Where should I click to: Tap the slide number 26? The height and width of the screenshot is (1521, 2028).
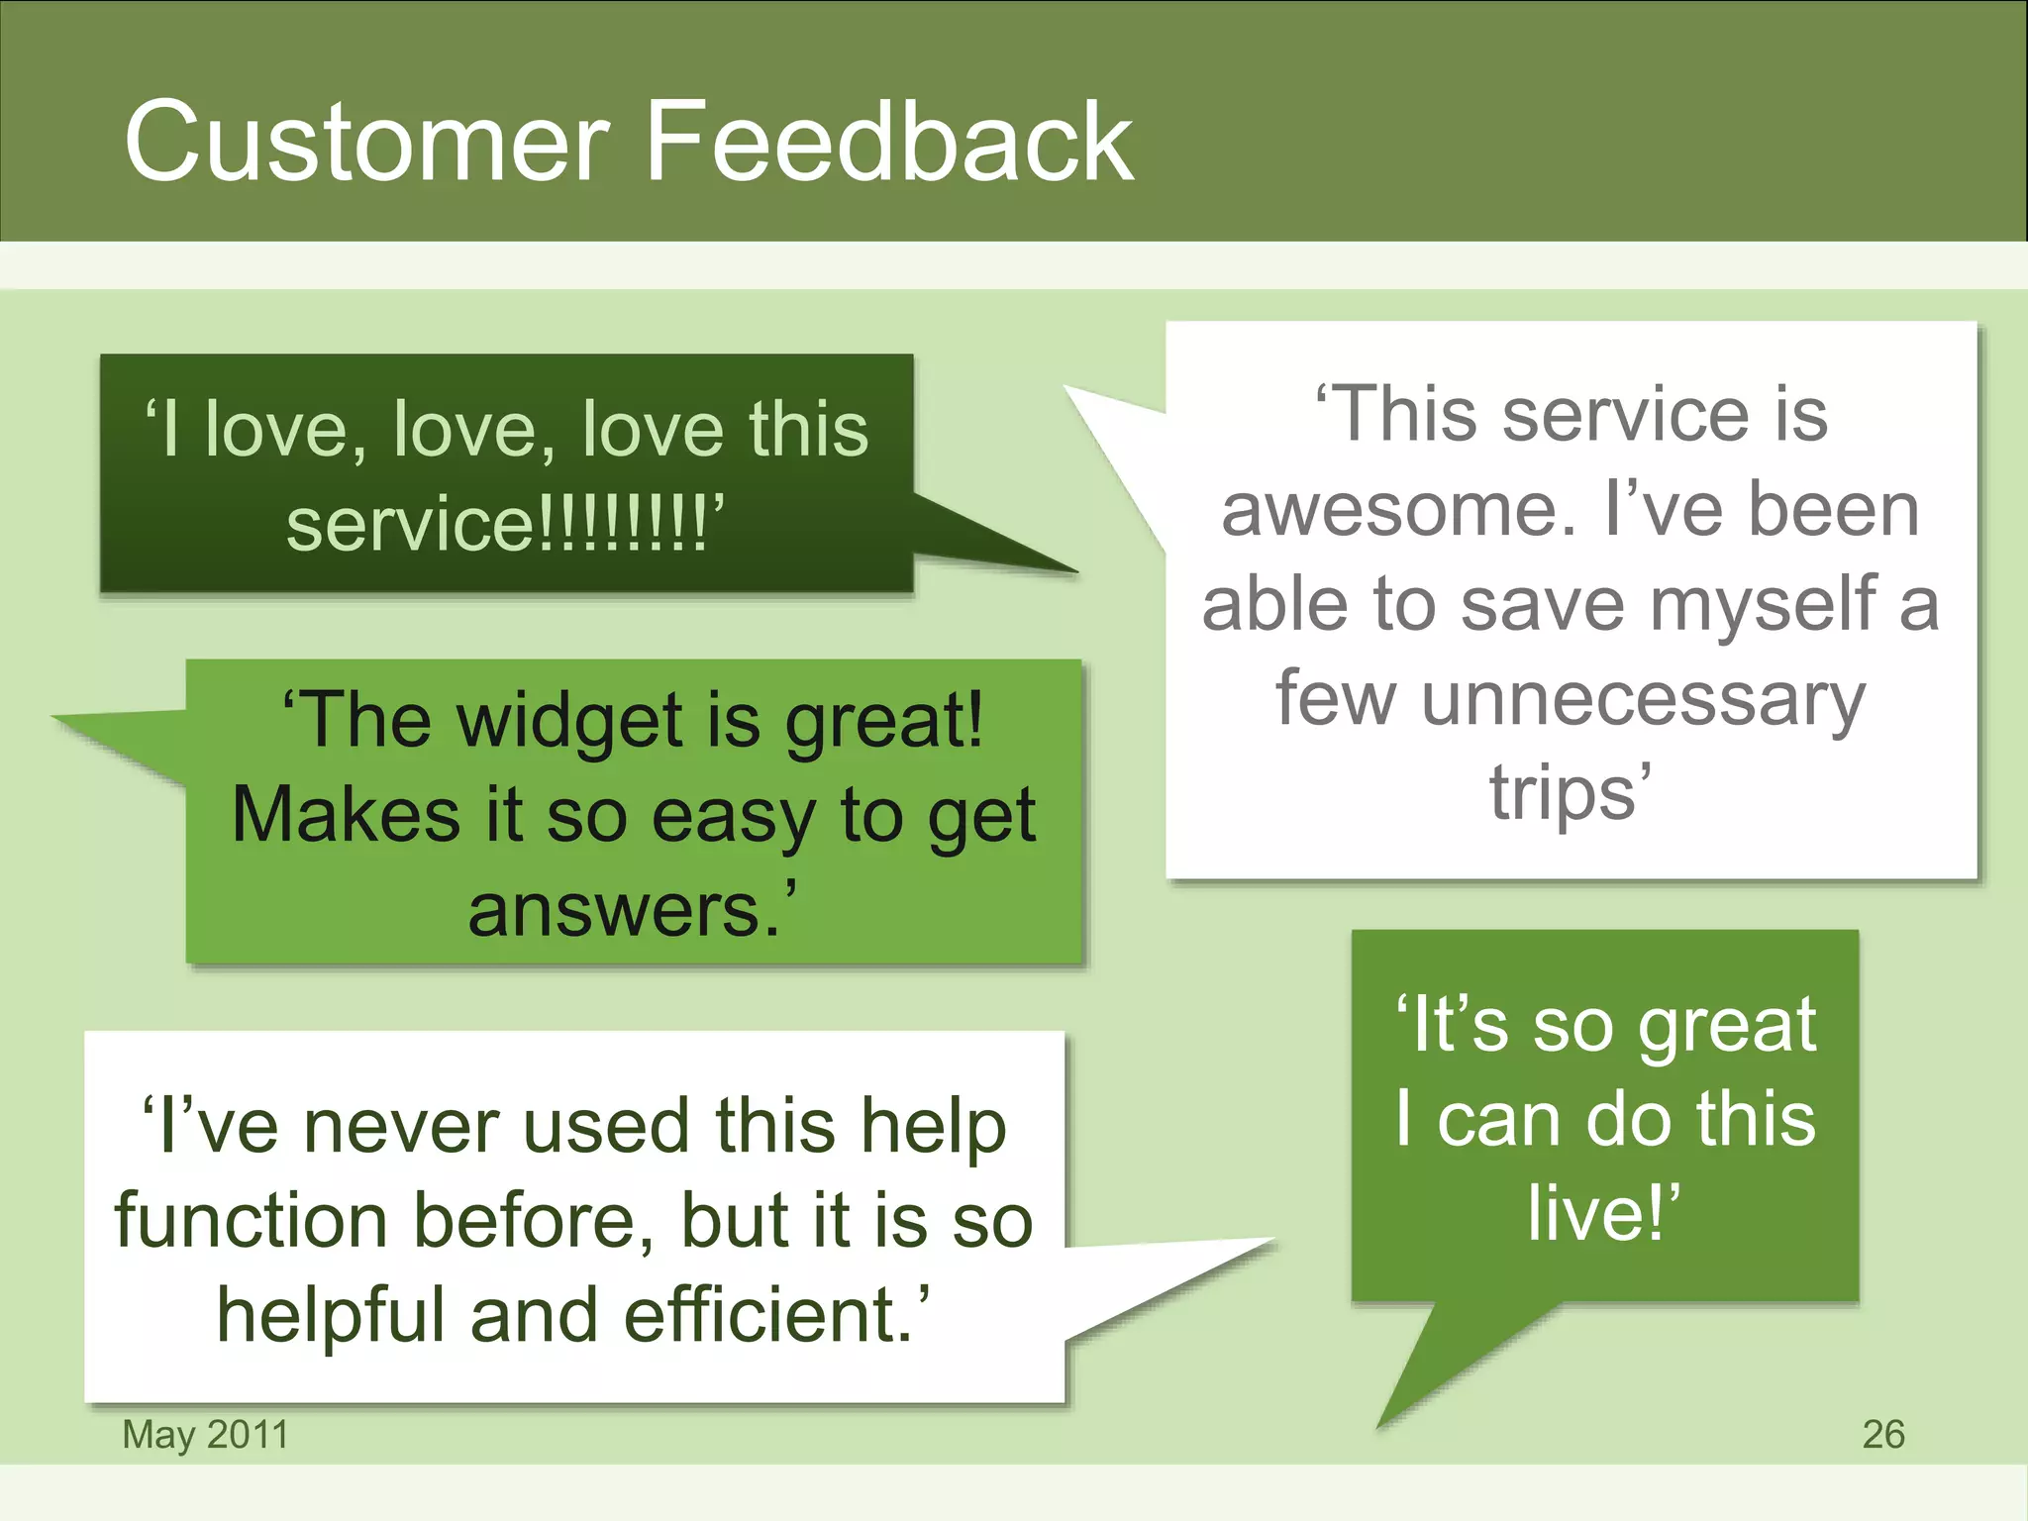[x=1882, y=1434]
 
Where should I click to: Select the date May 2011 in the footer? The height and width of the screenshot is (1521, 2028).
[x=205, y=1434]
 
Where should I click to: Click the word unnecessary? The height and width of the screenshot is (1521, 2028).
[x=1644, y=701]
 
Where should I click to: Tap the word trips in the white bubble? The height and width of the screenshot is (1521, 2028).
[x=1562, y=792]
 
